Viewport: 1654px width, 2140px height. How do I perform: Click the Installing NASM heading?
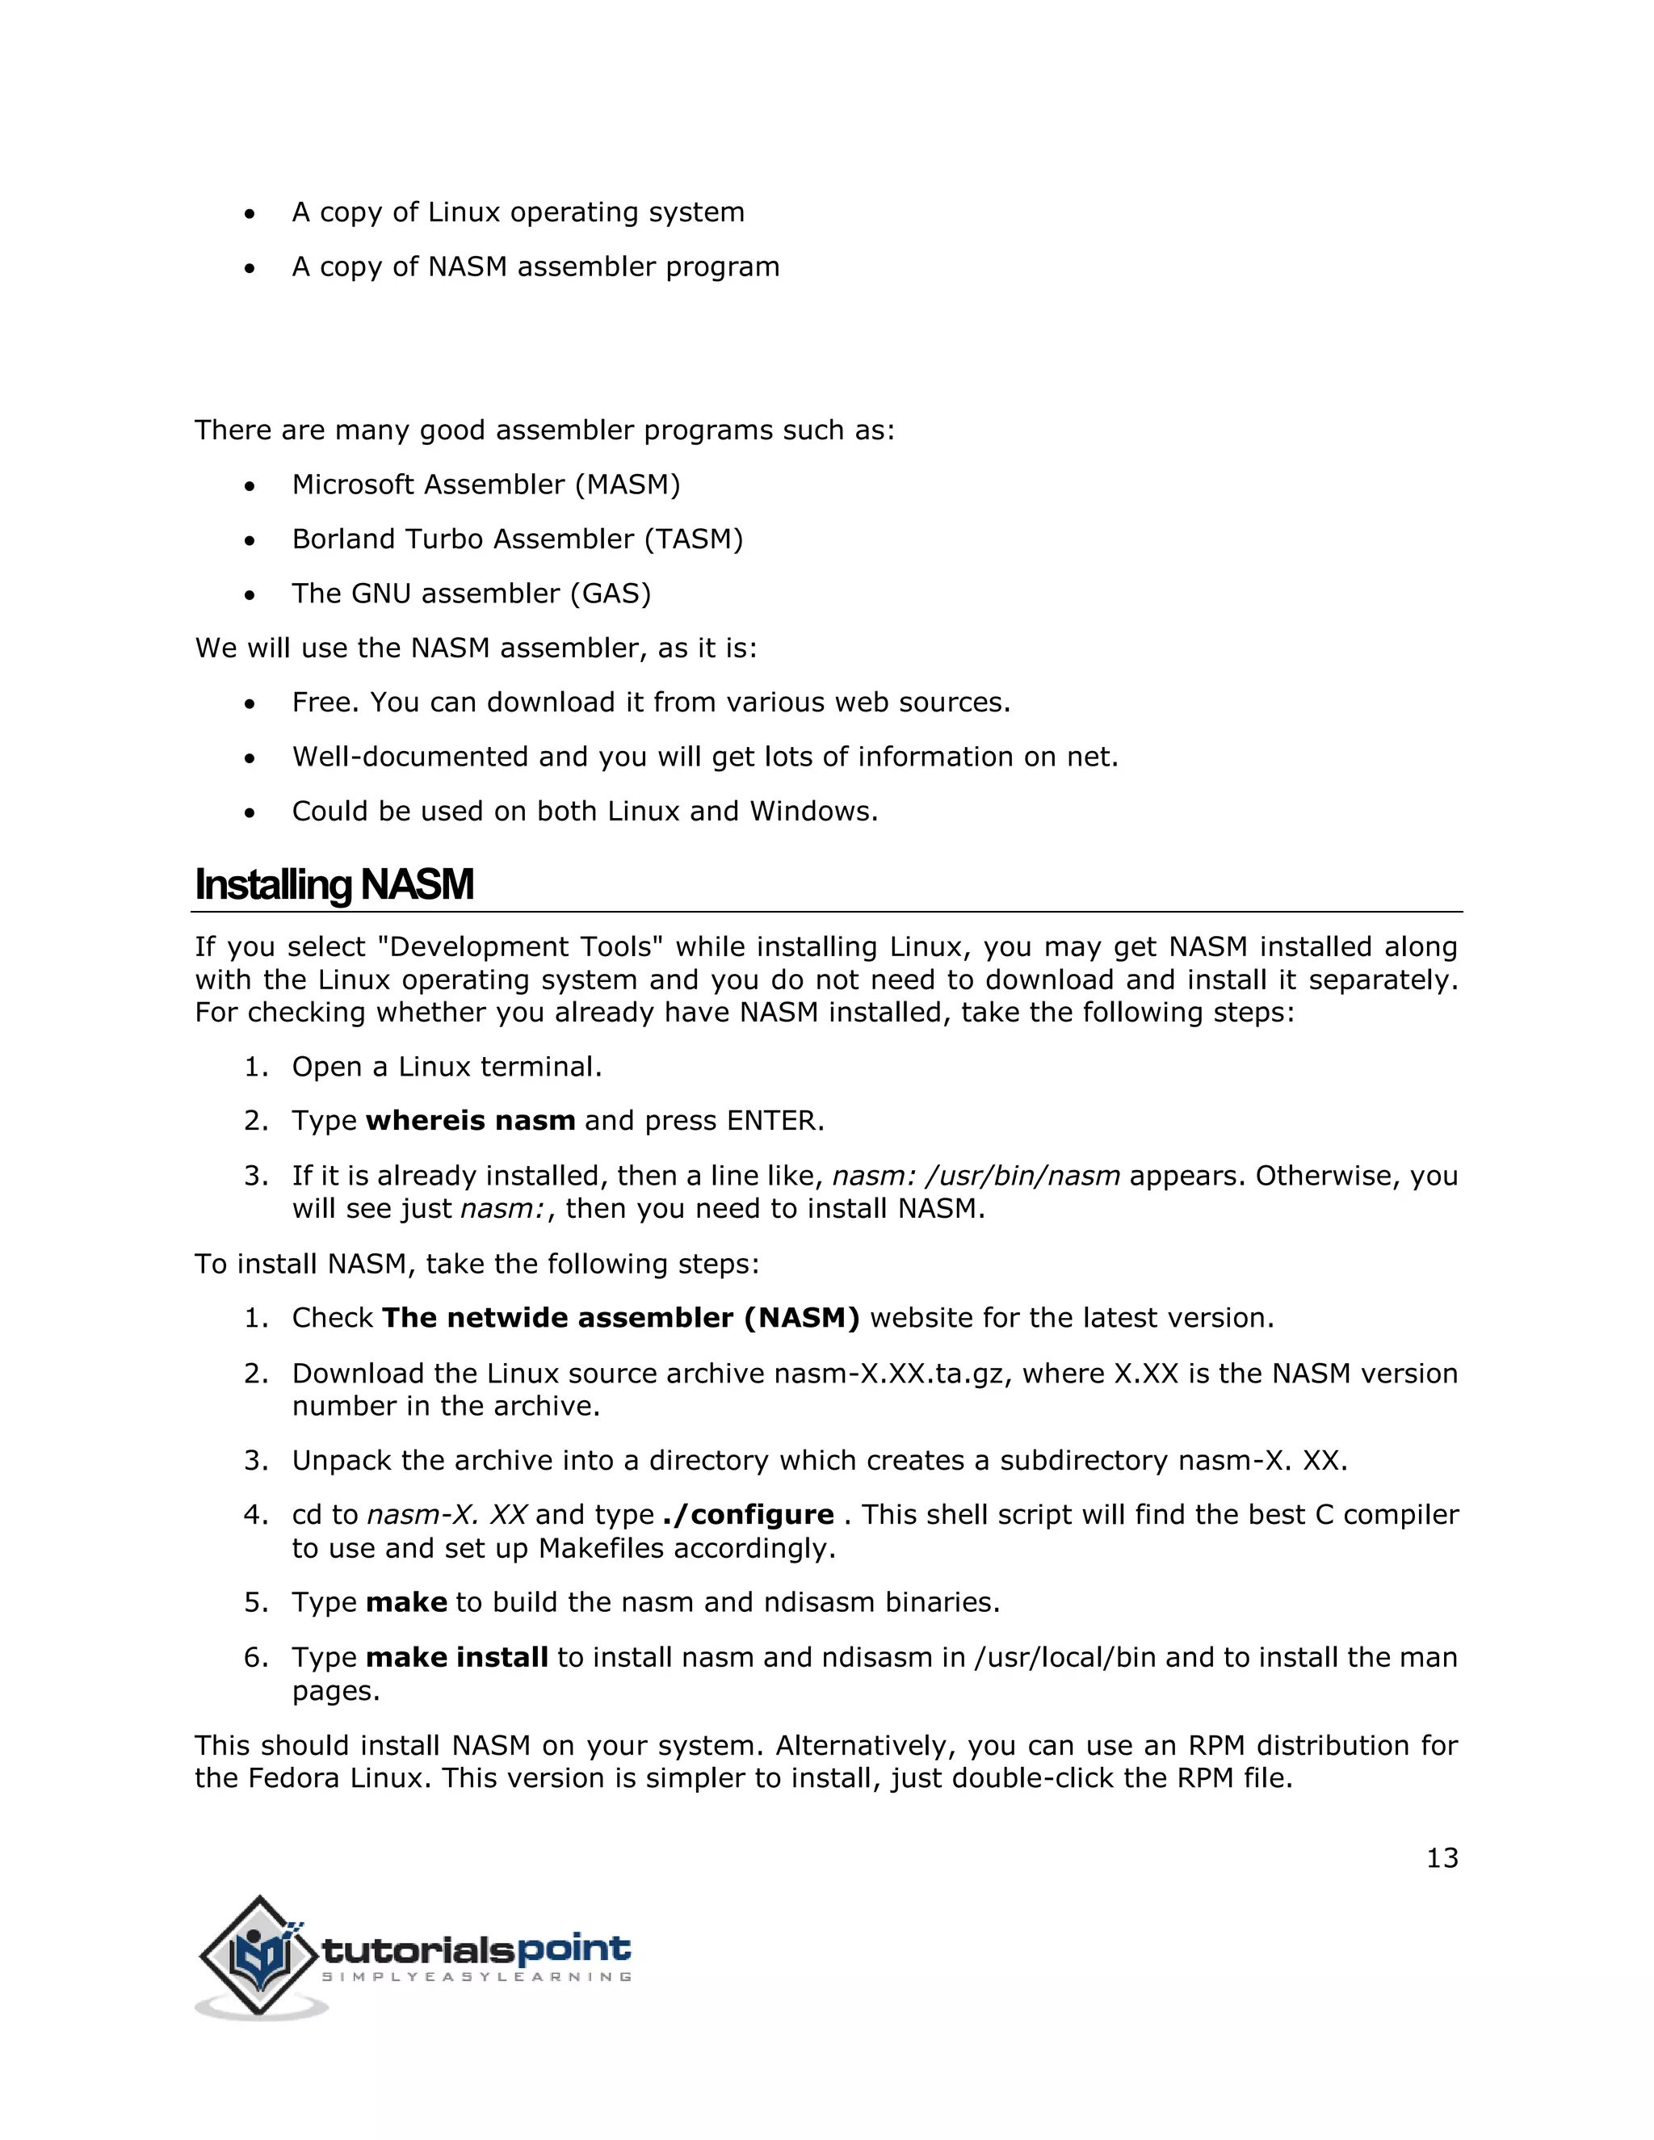pos(334,885)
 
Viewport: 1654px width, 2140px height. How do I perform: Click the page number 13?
pos(1442,1858)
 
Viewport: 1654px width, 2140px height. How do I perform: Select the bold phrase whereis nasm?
pos(470,1121)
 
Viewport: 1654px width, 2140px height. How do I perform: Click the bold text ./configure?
pos(749,1515)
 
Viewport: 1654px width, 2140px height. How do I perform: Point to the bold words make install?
pos(456,1658)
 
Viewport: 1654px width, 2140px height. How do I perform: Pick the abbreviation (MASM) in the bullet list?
pos(627,485)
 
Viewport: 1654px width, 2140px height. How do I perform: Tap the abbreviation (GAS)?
pos(611,594)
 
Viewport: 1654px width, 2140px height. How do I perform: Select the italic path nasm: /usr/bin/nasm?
pos(976,1176)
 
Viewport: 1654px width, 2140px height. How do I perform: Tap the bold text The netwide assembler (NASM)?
pos(620,1318)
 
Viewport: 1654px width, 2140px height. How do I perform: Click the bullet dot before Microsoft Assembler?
pos(251,486)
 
